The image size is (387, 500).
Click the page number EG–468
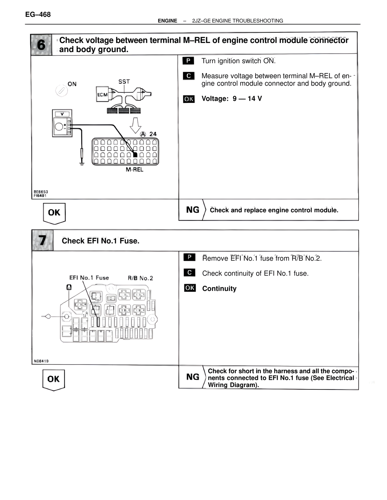coord(38,14)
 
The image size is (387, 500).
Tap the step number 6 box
coord(41,45)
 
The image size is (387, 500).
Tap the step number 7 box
coord(43,241)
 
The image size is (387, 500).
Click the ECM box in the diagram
coord(102,94)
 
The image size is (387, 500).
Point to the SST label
coord(124,82)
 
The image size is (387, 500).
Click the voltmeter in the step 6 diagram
coord(62,123)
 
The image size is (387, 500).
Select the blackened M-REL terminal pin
coord(135,155)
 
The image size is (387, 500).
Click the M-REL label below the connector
coord(134,170)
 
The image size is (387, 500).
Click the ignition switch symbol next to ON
coord(61,91)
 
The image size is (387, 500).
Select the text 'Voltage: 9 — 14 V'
coord(232,99)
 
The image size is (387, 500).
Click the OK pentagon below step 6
coord(54,213)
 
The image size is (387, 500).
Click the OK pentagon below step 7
coord(54,380)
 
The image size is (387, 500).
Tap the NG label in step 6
coord(193,210)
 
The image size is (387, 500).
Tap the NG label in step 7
coord(193,377)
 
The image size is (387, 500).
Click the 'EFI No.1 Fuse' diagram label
coord(89,278)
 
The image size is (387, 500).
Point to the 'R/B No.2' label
coord(140,278)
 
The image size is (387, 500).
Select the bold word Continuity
coord(219,289)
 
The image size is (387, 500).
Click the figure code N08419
coord(41,361)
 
